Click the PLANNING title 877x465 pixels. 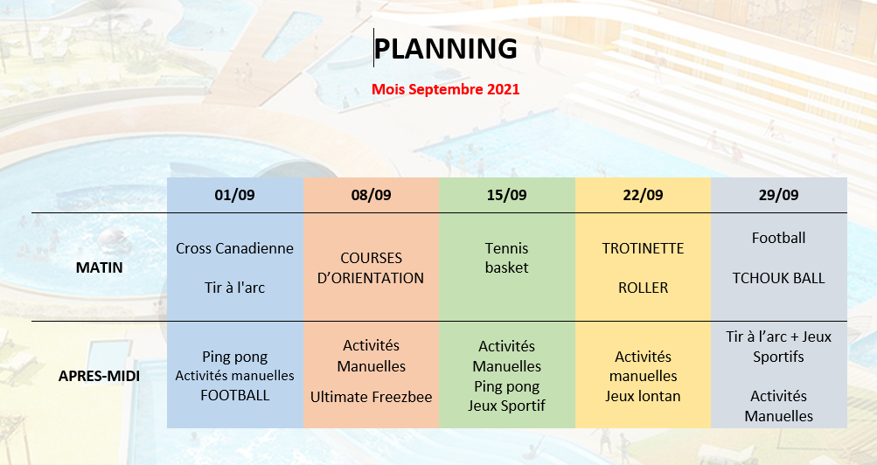445,49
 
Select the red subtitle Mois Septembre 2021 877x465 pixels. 446,89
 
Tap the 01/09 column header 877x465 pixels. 235,195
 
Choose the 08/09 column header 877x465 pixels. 372,195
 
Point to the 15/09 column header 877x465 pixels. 507,195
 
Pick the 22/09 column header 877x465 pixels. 644,195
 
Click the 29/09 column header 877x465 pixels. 778,195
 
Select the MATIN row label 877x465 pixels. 99,267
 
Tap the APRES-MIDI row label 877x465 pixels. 99,376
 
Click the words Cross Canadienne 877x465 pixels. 235,248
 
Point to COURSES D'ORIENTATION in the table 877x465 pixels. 371,267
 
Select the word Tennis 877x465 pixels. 507,248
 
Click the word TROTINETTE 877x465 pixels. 644,248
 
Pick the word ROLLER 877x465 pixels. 644,288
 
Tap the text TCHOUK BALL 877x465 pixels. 778,278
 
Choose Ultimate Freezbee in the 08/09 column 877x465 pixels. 372,397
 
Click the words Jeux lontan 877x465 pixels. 644,396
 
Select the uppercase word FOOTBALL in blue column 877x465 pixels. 235,395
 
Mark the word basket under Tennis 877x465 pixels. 507,267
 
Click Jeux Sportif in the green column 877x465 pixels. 507,406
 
